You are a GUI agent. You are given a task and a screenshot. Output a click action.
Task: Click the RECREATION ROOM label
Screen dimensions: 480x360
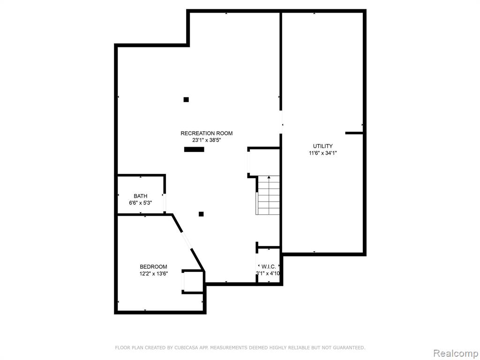tap(206, 133)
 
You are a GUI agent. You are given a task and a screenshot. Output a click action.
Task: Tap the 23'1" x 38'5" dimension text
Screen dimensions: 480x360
tap(206, 140)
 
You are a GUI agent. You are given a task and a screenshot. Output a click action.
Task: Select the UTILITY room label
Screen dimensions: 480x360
tap(322, 146)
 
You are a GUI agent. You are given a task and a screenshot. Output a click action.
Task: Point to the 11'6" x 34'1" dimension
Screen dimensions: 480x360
tap(322, 153)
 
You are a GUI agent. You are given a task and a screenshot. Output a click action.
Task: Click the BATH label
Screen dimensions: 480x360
tap(141, 196)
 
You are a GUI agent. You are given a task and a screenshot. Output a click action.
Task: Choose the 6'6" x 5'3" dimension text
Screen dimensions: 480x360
tap(141, 202)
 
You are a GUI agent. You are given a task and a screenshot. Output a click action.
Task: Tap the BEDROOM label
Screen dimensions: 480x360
tap(153, 267)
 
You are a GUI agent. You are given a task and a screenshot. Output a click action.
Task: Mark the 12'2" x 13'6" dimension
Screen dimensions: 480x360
tap(154, 274)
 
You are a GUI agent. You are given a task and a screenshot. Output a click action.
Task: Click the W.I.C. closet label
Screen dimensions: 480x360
tap(269, 267)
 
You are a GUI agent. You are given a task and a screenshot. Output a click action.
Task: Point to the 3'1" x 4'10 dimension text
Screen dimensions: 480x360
tap(268, 273)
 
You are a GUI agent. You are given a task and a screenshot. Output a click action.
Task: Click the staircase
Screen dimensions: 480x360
tap(269, 195)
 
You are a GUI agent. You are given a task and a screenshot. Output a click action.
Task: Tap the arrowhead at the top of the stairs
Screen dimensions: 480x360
tap(269, 177)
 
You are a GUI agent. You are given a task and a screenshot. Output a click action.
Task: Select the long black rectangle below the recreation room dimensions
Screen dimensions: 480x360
tap(194, 150)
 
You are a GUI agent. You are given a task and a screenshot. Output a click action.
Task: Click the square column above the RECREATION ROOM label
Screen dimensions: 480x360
tap(186, 99)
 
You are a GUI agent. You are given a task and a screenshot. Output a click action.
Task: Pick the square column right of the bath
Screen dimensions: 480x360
tap(201, 214)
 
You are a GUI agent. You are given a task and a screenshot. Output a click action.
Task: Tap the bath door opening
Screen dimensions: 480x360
tap(165, 202)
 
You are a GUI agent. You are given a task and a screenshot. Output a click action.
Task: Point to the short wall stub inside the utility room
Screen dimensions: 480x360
tap(354, 133)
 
